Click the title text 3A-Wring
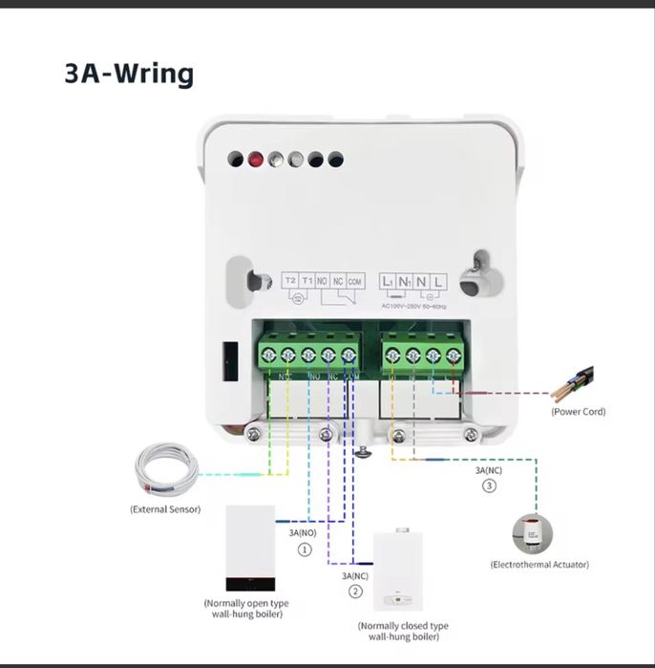129,74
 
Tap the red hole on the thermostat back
255,160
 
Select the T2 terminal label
290,281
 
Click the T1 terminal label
307,281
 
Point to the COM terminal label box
355,281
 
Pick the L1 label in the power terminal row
388,281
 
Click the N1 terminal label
405,281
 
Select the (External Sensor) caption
165,509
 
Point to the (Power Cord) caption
578,412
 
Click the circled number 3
489,486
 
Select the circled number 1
305,549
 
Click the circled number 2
354,592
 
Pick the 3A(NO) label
304,531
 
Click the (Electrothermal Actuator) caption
539,565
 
